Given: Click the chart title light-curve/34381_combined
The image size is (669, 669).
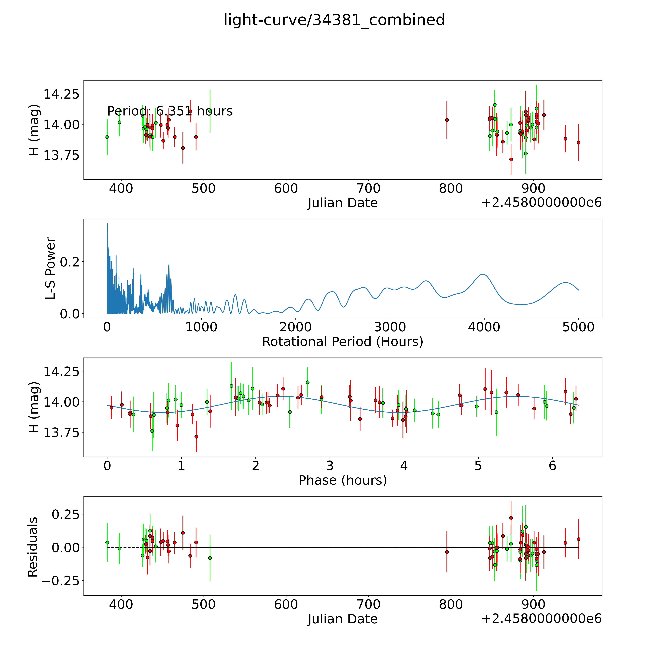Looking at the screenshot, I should [x=334, y=20].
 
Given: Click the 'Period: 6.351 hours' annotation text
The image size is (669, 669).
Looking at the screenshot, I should [x=170, y=111].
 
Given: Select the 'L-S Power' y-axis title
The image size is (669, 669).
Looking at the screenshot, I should [x=51, y=268].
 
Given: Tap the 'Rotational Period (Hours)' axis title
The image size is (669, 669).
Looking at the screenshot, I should [x=342, y=342].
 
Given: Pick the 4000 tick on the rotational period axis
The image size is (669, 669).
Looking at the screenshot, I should [x=484, y=327].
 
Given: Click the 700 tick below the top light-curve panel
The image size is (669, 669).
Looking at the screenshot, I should [x=368, y=189].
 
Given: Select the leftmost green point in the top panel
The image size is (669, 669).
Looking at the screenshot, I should [x=107, y=137].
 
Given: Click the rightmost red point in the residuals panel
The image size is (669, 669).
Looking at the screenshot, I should [x=578, y=539].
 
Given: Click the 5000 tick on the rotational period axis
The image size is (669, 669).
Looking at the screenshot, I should [x=578, y=327].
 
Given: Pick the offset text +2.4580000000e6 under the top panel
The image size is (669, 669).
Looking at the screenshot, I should [x=541, y=203].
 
